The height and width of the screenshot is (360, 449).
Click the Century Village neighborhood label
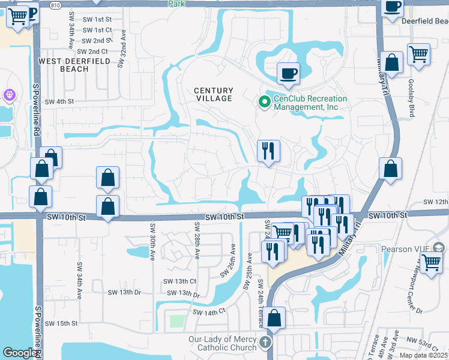(x=213, y=94)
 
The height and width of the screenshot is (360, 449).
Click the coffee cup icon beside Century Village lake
(x=288, y=74)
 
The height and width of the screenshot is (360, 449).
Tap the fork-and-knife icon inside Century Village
(x=268, y=151)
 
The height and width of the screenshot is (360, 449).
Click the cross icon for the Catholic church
(x=265, y=343)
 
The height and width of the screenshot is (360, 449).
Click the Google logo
(x=19, y=353)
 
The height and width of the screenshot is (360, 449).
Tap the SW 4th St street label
(x=59, y=101)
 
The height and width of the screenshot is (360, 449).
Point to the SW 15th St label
(x=62, y=323)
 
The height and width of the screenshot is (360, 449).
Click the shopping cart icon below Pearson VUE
(x=431, y=263)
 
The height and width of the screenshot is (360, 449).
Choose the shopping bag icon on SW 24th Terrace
(x=274, y=319)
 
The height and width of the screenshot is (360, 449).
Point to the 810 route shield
(x=55, y=4)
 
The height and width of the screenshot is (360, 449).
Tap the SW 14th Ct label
(x=208, y=312)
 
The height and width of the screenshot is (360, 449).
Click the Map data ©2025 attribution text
(x=423, y=355)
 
